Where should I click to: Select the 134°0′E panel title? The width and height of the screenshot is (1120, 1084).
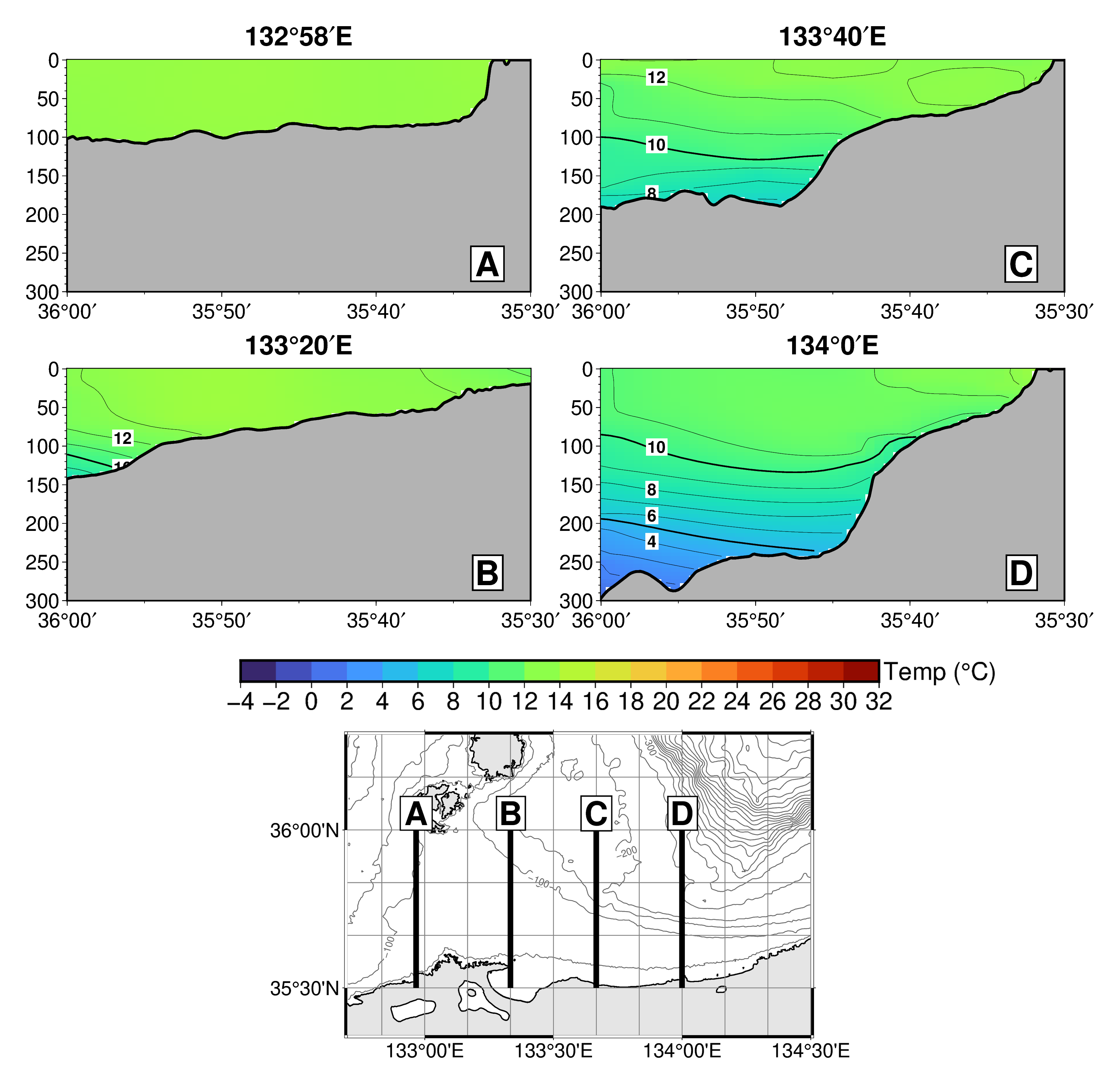(x=832, y=346)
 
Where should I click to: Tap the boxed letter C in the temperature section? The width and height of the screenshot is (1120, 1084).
(x=1021, y=264)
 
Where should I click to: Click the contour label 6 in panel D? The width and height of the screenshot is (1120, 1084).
(x=652, y=516)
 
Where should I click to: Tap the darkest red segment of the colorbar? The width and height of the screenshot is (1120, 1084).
(x=860, y=671)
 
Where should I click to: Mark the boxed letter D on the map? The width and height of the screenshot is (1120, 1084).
(x=682, y=813)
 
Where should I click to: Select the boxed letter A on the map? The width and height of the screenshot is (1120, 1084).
(x=416, y=813)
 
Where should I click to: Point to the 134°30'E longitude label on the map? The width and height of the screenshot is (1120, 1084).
(x=810, y=1051)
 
